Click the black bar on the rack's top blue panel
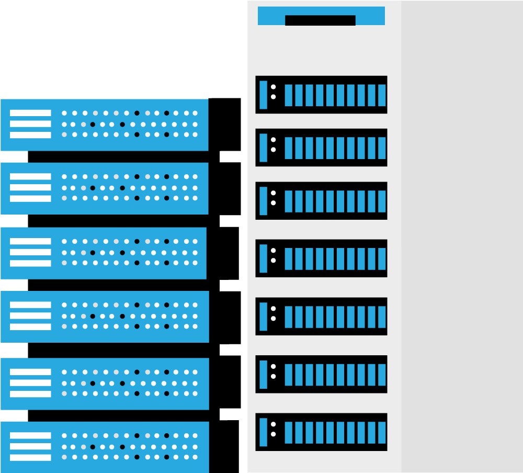pos(320,20)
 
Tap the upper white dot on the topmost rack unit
pos(273,87)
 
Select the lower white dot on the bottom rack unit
pos(273,434)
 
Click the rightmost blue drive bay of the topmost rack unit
pos(382,95)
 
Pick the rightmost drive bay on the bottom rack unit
pos(382,433)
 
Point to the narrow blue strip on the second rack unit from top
pos(264,148)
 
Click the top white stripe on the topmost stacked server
pos(30,113)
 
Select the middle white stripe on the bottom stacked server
pos(30,446)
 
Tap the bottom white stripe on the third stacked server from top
pos(30,263)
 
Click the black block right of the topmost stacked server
pos(225,124)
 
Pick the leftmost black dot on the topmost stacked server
pos(93,124)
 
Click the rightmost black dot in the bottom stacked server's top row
pos(166,435)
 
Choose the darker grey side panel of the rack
pos(462,235)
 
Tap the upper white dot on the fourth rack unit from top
pos(273,250)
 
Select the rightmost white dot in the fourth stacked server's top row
pos(195,305)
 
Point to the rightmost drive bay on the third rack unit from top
pos(382,201)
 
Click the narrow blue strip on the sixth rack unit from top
pos(264,374)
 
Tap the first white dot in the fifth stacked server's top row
pos(64,371)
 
